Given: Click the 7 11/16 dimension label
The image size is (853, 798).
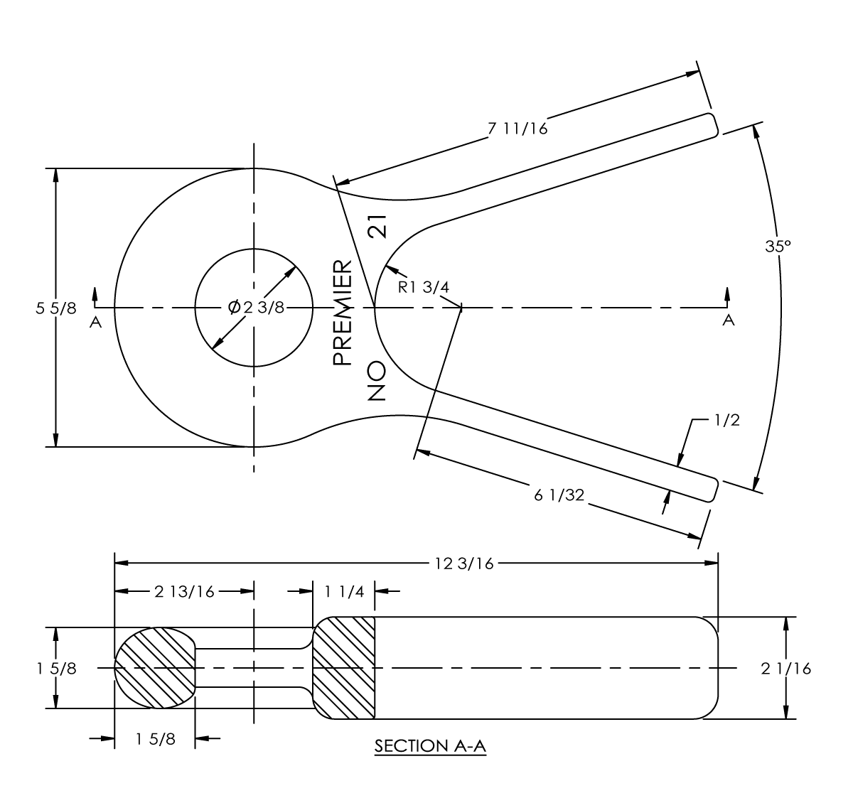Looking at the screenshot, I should (517, 129).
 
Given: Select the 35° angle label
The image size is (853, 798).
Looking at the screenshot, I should (778, 246).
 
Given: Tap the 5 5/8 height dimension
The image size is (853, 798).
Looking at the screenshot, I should (55, 308).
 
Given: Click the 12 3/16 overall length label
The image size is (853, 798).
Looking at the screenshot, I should (464, 564).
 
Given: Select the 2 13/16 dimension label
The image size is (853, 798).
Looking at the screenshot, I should (183, 592).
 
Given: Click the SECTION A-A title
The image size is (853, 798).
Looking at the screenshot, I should (430, 746).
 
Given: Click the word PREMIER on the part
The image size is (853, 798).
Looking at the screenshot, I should (343, 313).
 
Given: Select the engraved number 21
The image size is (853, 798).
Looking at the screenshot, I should (377, 226).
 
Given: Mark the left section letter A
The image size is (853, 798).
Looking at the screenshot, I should (96, 322).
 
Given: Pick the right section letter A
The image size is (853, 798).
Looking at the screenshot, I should (728, 320).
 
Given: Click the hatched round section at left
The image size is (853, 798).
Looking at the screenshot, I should (155, 668).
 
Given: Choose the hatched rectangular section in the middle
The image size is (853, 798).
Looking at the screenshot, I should (344, 668).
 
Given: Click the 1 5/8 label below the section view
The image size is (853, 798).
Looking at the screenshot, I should (156, 739).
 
